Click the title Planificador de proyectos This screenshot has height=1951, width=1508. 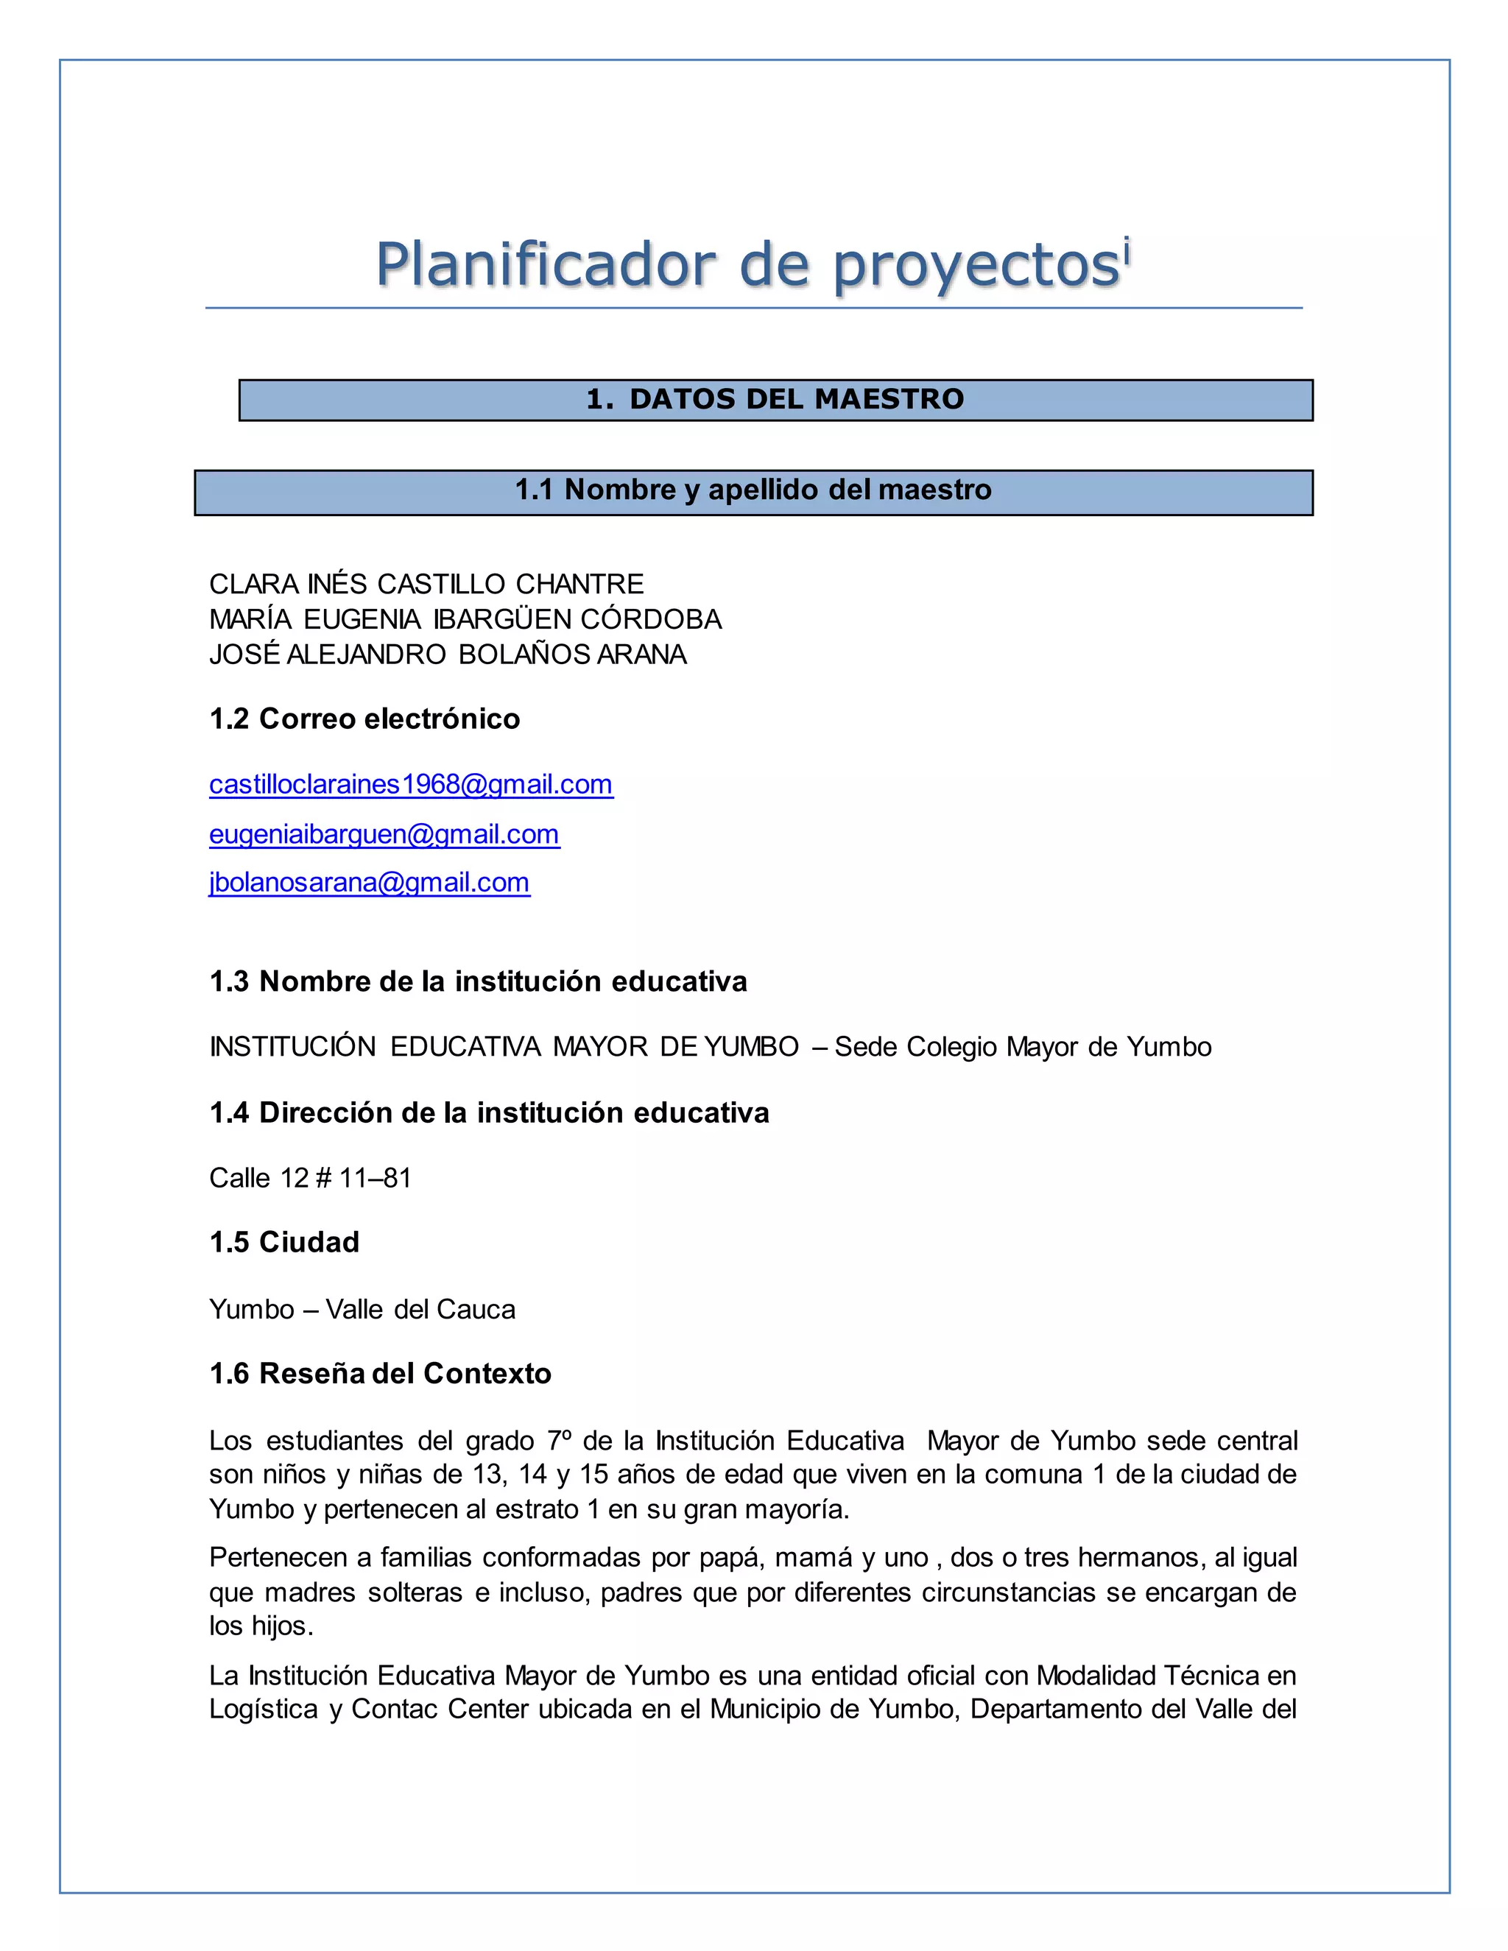[747, 265]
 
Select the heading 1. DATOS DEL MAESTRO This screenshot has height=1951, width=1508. [775, 399]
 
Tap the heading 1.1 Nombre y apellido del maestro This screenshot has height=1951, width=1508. [753, 490]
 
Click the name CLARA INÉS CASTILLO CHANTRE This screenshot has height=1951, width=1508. [426, 585]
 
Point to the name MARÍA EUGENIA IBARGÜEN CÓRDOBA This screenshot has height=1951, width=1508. [465, 619]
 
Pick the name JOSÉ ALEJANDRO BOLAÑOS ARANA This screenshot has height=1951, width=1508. [448, 655]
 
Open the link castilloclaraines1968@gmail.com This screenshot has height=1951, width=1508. [411, 784]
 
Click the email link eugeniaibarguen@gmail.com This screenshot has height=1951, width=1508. [384, 834]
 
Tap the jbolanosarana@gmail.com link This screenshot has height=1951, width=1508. [369, 883]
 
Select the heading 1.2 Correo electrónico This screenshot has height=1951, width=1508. [364, 719]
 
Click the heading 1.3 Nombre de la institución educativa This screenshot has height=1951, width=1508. [478, 981]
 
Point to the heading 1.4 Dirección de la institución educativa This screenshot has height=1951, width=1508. [489, 1113]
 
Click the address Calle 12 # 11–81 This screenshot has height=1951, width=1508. [310, 1178]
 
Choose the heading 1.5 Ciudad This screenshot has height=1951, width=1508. [284, 1243]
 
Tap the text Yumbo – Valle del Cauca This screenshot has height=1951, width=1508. [362, 1310]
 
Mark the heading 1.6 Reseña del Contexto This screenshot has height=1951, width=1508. [380, 1374]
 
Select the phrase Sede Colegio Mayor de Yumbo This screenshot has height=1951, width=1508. [1023, 1047]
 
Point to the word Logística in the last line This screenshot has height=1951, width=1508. [264, 1709]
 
